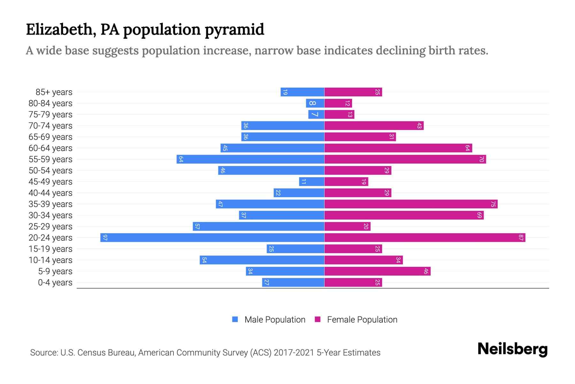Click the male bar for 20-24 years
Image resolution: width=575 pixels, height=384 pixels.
(212, 238)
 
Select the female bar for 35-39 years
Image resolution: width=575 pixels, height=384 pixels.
(411, 204)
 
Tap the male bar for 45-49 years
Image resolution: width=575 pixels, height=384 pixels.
(312, 182)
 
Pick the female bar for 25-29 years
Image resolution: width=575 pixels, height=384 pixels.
(347, 227)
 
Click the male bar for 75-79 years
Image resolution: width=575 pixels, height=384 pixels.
(316, 115)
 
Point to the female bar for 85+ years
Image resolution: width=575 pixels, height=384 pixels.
(353, 92)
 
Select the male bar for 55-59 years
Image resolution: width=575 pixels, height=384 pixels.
(250, 159)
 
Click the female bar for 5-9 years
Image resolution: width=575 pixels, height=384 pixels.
(377, 271)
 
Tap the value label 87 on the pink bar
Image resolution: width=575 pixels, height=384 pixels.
(521, 238)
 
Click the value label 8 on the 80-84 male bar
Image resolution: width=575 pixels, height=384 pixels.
(313, 103)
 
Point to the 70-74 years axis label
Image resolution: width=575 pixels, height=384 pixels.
(50, 126)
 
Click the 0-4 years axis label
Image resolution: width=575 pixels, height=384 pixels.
(55, 283)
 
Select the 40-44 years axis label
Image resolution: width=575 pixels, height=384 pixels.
(50, 193)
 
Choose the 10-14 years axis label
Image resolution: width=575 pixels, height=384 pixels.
(50, 260)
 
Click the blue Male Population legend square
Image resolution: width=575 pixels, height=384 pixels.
(235, 319)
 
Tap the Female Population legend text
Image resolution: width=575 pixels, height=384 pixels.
(362, 320)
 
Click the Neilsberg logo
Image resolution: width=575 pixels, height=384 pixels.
(512, 349)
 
